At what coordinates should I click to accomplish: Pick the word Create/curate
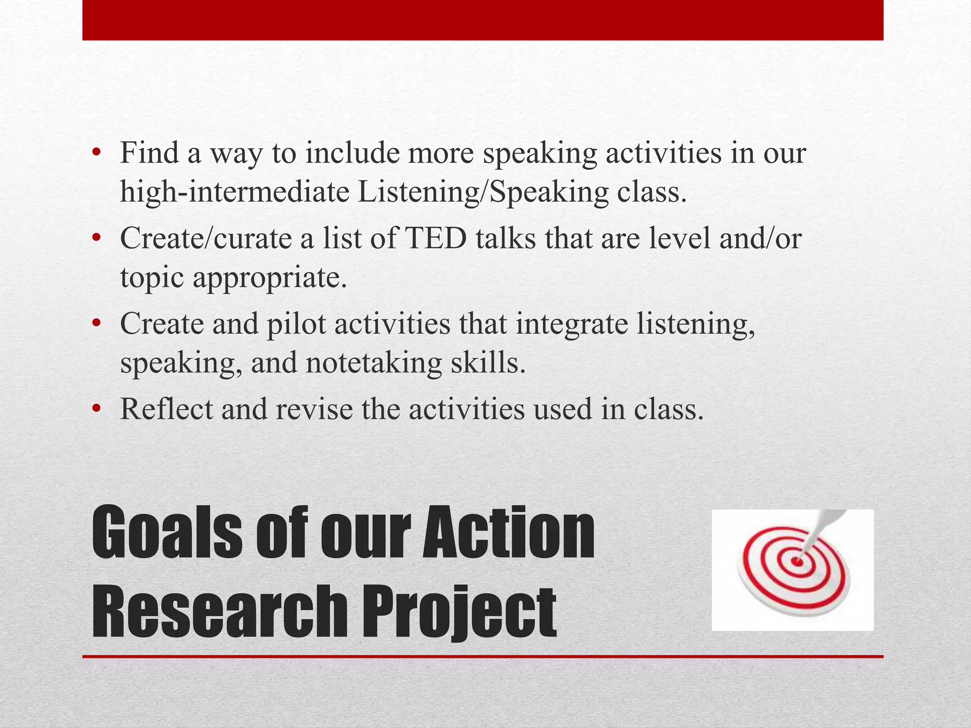point(206,238)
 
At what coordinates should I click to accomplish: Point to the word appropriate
point(270,278)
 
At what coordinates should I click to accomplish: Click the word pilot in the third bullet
point(296,324)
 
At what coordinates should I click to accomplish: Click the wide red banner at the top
point(483,20)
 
